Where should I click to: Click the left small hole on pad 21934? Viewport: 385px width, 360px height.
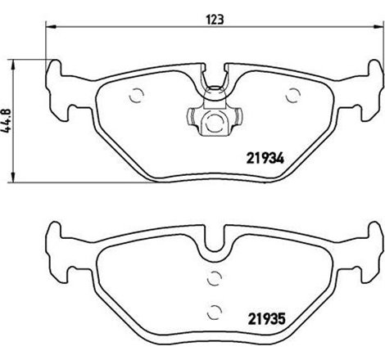(138, 93)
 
